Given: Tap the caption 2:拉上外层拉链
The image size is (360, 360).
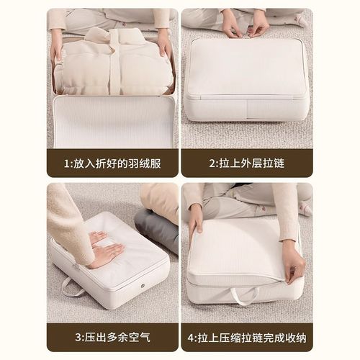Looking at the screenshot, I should [x=246, y=163].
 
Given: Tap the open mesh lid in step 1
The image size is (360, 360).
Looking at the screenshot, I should [x=114, y=122].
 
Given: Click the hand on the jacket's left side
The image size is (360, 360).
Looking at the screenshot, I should [x=58, y=49].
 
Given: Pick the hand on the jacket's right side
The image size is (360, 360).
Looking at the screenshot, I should [x=166, y=46].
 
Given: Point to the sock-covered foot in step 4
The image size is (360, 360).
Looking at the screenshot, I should [x=305, y=207].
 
